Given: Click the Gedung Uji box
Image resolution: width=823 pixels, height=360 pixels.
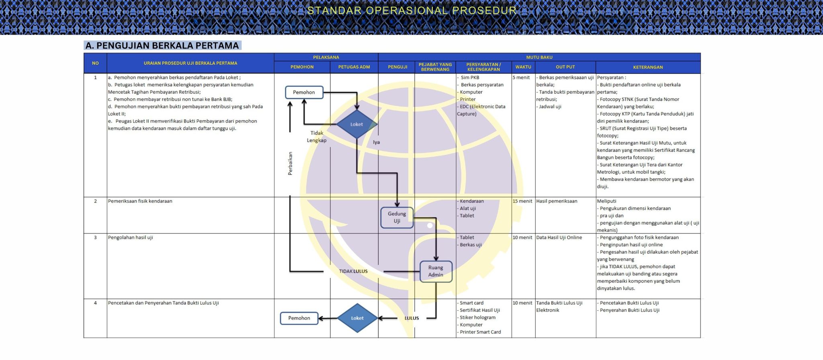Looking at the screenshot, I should [397, 217].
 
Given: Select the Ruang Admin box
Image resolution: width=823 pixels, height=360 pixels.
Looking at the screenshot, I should [436, 271].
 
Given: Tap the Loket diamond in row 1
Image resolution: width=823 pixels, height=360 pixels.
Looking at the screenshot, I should [356, 125].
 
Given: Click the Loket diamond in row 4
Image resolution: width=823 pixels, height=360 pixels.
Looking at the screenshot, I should [357, 318].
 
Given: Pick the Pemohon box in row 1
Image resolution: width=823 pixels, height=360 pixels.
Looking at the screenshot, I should [304, 92].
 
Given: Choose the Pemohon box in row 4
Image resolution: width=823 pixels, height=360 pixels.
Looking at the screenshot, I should [299, 318].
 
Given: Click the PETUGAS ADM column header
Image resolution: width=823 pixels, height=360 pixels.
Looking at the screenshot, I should [354, 67].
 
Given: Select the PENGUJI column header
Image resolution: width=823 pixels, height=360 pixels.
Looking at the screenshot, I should [397, 67].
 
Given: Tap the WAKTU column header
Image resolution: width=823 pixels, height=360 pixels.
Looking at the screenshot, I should [523, 67].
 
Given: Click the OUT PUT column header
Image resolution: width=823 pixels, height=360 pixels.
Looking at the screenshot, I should [565, 67].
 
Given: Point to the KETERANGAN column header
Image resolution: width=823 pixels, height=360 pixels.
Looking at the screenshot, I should [648, 67].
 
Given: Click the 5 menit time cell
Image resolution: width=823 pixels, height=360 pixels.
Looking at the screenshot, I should [521, 78].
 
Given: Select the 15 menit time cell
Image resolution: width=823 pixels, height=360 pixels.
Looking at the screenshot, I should [522, 201].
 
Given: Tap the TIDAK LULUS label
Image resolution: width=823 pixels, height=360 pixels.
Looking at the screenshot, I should [353, 271].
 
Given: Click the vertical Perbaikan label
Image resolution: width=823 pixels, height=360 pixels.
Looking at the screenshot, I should [290, 163].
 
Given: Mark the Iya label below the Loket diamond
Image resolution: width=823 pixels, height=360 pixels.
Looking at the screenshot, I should [376, 142].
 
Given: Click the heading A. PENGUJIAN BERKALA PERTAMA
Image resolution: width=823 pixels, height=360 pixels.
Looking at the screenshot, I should [162, 46].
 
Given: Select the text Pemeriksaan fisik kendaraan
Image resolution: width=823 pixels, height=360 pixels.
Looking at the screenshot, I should [140, 201].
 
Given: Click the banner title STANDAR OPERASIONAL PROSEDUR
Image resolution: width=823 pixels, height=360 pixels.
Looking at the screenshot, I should [412, 10].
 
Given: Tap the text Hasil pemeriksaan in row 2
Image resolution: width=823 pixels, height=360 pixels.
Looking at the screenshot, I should [557, 201].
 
